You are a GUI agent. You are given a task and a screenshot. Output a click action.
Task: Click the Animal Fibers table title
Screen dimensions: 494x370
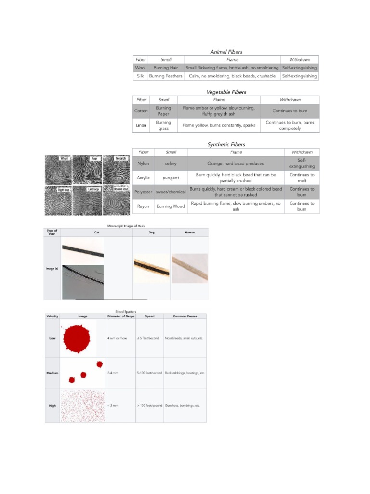coord(226,52)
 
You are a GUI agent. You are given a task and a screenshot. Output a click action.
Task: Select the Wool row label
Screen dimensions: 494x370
coord(140,68)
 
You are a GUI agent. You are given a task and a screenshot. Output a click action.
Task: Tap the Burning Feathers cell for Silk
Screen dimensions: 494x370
coord(166,76)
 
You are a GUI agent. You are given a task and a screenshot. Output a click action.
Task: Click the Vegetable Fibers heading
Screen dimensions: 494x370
coord(226,92)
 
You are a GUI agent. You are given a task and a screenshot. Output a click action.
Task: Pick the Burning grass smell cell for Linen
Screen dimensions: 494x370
coord(163,125)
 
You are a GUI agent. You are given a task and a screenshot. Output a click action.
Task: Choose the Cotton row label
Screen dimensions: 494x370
coord(141,111)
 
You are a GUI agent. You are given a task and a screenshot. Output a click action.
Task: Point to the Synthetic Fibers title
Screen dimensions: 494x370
coord(226,144)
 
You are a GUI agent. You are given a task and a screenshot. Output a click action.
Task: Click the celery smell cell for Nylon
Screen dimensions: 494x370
coord(171,164)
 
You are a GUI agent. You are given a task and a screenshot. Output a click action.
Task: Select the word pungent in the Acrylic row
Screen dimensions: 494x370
coord(171,178)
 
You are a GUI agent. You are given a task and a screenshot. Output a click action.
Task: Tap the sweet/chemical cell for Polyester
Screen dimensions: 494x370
coord(171,192)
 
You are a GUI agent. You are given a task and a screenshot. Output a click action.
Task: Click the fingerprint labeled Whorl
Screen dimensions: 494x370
coord(58,169)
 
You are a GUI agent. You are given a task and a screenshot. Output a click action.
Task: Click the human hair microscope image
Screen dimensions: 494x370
coord(190,268)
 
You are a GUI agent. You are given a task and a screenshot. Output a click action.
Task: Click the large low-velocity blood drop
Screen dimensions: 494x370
coord(77,338)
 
